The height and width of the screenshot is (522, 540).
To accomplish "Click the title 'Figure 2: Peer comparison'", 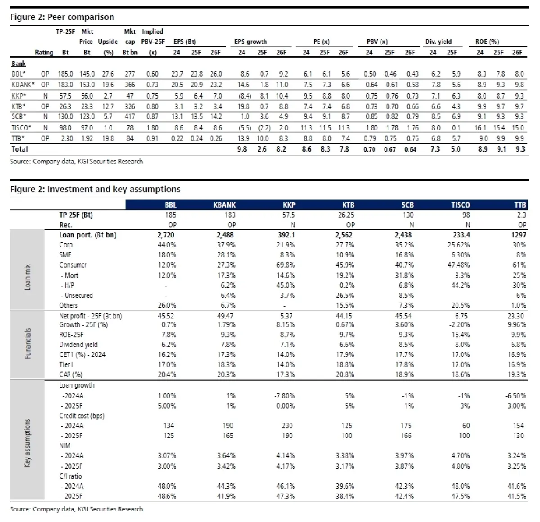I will coord(62,17).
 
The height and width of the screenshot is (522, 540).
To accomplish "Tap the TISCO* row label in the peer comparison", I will coord(21,128).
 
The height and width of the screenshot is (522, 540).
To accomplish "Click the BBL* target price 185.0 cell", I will coord(65,74).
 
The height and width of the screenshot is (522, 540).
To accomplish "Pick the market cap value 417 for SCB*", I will coord(130,117).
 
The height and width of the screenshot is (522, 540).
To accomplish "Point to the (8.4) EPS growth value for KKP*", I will coord(242,96).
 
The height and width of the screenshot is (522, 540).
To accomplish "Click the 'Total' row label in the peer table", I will coord(19,149).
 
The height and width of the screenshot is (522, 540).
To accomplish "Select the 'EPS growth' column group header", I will coord(251,41).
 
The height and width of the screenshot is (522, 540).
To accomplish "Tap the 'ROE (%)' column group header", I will coord(487,41).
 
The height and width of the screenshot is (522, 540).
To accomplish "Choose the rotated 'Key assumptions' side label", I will coord(27,443).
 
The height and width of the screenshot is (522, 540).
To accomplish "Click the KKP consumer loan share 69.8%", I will coord(286,265).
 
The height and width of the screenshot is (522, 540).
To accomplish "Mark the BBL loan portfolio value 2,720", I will coord(166,235).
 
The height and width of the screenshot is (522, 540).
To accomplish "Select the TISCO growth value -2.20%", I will coord(460,325).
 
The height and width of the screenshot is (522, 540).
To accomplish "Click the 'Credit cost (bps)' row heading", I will coord(82,416).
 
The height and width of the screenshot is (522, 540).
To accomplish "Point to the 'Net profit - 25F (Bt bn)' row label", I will coord(90,316).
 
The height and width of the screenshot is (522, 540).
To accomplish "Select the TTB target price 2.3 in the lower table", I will coord(521,215).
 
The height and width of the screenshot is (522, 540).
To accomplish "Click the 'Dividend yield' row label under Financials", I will coord(78,345).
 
